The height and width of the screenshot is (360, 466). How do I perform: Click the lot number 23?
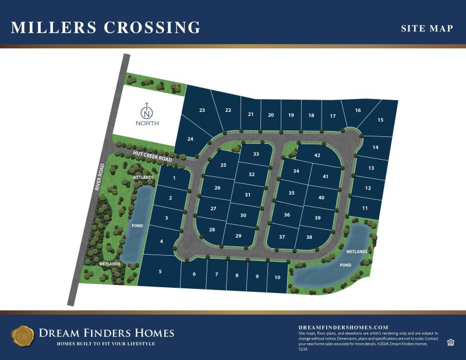[202, 110]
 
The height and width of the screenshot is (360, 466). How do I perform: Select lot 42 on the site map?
[317, 156]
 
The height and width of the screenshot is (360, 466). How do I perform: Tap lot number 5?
[160, 272]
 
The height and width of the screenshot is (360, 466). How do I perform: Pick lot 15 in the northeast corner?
[380, 120]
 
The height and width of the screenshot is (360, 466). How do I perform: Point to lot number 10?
[277, 277]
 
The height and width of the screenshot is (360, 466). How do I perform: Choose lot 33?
[256, 154]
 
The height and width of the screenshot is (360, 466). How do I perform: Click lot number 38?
[309, 237]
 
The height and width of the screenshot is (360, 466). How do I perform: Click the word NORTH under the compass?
[147, 123]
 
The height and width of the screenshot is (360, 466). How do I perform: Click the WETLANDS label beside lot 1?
[143, 177]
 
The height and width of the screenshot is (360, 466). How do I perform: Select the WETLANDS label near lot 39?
[356, 252]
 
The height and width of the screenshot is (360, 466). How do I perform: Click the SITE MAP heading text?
[427, 28]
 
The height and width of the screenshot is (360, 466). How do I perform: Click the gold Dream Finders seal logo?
[23, 336]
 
